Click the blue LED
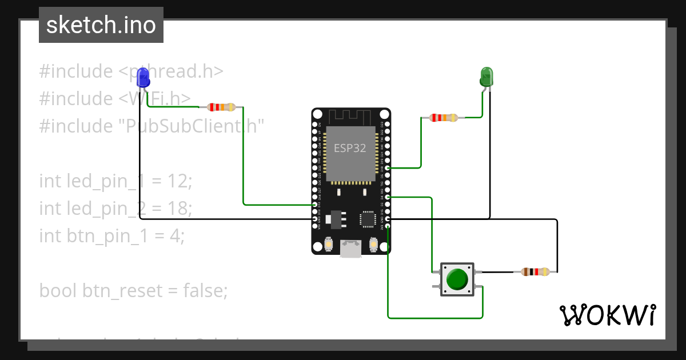[x=143, y=77]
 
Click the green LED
[x=486, y=77]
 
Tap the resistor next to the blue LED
[x=221, y=107]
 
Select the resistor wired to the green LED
[x=444, y=118]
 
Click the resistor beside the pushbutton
[x=536, y=272]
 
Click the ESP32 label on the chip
[x=350, y=148]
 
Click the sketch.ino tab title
[x=101, y=25]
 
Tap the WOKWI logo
[x=607, y=315]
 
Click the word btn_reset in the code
[x=122, y=291]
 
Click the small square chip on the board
[x=367, y=219]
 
